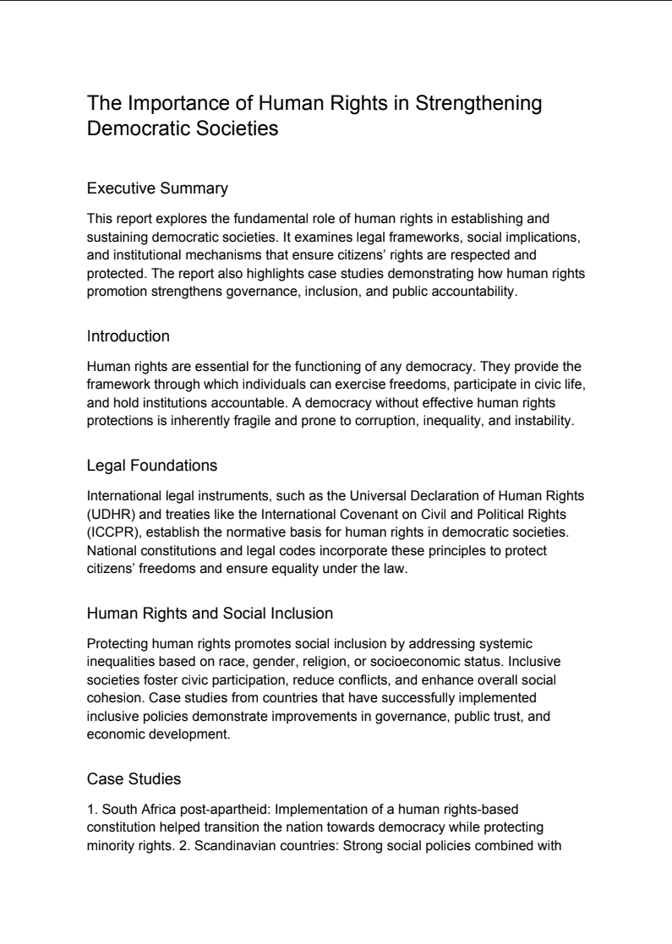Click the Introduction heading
pos(128,336)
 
